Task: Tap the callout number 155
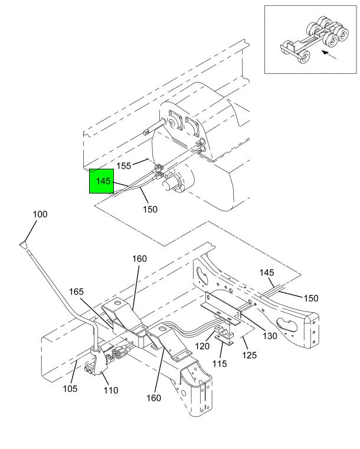(124, 166)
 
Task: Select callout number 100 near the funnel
(40, 214)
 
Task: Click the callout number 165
(76, 292)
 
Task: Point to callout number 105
(70, 389)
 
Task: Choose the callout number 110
(111, 391)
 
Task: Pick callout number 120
(202, 346)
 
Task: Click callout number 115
(220, 363)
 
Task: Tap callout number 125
(250, 355)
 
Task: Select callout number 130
(270, 336)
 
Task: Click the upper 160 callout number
(139, 259)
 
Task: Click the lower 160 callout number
(154, 398)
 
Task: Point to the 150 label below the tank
(150, 209)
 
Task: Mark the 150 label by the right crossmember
(311, 299)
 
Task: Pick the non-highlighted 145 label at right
(267, 273)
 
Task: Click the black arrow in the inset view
(329, 55)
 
